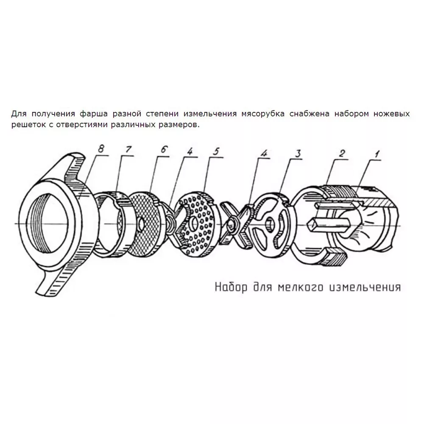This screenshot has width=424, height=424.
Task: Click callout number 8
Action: coord(101,149)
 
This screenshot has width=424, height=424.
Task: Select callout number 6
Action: coord(164,150)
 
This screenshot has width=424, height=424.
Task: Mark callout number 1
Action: coord(377,153)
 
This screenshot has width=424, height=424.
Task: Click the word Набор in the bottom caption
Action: coord(231,287)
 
